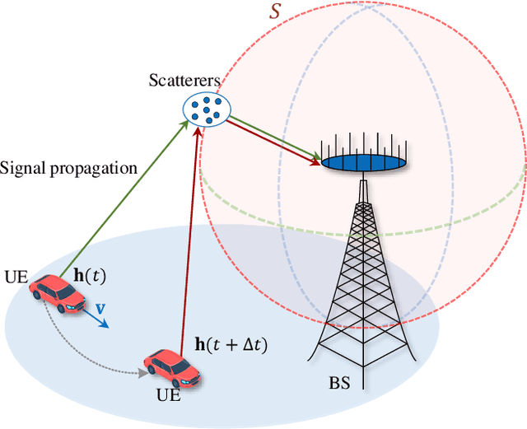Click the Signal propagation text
[68, 168]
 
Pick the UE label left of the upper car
[17, 275]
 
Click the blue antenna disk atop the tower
[363, 163]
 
